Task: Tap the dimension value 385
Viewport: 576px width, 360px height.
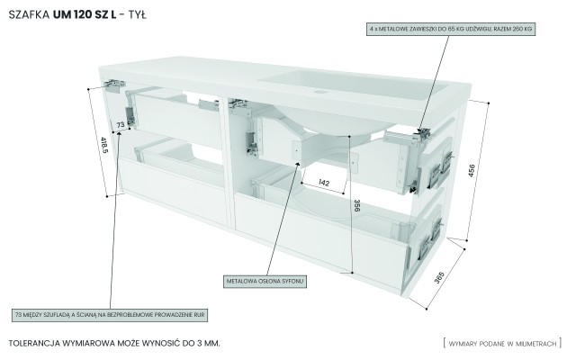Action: coord(438,279)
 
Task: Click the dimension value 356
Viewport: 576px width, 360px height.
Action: coord(356,207)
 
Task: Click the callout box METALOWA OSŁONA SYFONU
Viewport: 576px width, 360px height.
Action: coord(265,282)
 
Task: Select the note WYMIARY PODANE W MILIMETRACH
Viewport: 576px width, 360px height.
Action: coord(505,344)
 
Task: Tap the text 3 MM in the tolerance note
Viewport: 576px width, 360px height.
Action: coord(205,344)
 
